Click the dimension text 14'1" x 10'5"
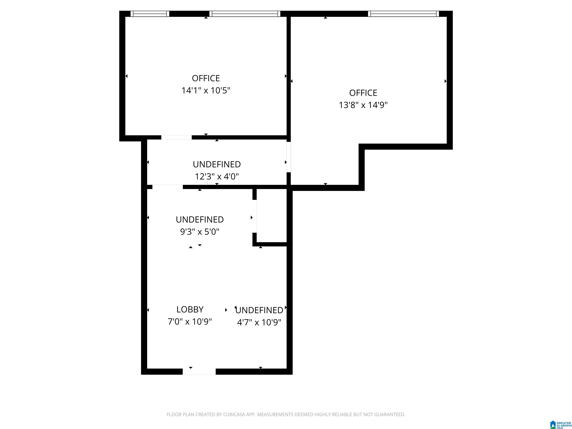click(206, 90)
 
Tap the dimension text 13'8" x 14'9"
click(363, 105)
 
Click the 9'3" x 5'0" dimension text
click(200, 231)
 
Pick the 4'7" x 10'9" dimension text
click(259, 322)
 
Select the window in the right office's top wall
click(403, 14)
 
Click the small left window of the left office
click(150, 14)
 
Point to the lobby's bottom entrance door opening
click(199, 372)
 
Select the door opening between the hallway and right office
click(289, 157)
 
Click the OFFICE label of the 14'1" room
click(206, 78)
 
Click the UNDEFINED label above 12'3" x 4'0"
click(217, 164)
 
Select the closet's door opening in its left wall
click(255, 216)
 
